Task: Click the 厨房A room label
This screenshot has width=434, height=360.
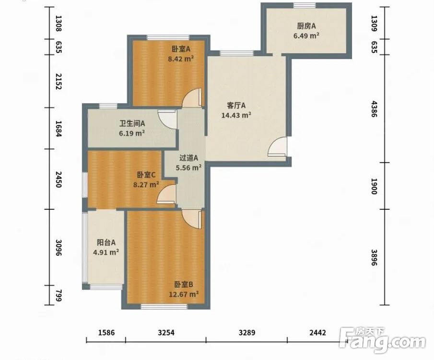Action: coord(306,26)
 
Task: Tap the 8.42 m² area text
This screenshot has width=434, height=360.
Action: coord(181,59)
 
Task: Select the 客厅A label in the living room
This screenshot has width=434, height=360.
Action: coord(236,106)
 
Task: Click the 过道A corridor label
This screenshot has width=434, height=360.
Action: coord(189,158)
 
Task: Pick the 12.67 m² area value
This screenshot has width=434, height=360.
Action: coord(184,294)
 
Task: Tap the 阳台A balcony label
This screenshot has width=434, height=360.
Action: coord(106,242)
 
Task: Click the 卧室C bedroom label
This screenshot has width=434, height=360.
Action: coord(146,175)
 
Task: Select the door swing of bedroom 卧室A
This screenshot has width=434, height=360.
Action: coord(192,97)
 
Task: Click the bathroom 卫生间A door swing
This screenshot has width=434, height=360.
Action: coord(167,120)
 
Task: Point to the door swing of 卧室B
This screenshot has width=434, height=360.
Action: coord(191,219)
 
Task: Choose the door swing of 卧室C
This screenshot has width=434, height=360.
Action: coord(166,194)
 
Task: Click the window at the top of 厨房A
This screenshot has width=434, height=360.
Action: coord(305,5)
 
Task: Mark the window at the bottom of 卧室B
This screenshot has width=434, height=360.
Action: coord(164,307)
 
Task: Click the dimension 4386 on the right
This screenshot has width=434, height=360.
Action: coord(374,109)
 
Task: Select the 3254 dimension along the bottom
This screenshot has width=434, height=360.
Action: coord(166,333)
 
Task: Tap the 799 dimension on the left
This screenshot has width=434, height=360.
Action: coord(59,295)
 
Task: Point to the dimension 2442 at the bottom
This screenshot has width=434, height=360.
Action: coord(318,333)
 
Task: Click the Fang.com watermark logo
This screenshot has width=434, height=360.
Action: coord(382,340)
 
